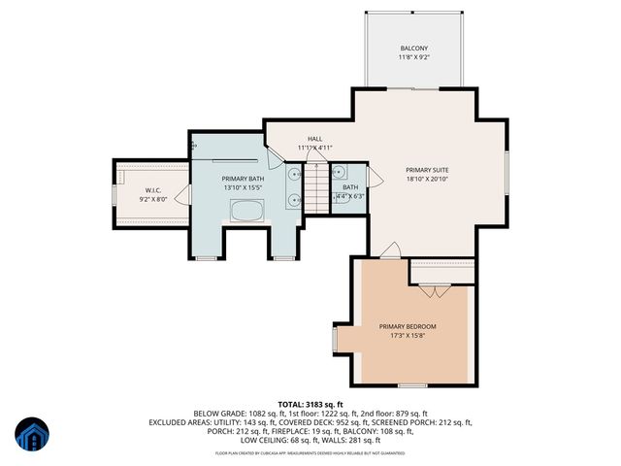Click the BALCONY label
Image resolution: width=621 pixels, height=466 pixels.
click(x=414, y=49)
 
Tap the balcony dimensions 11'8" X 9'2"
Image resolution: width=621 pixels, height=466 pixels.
click(x=414, y=58)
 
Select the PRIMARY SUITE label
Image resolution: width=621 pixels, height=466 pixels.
click(x=427, y=169)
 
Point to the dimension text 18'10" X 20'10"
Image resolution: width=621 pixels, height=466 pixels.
click(x=427, y=179)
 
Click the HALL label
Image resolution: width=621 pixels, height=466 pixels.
click(x=315, y=139)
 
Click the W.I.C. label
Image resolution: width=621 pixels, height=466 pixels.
click(x=153, y=190)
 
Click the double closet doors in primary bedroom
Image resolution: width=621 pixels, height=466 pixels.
click(x=436, y=289)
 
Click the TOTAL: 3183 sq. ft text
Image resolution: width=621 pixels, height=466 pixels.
click(x=310, y=403)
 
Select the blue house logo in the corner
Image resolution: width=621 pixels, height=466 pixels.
click(x=30, y=436)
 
